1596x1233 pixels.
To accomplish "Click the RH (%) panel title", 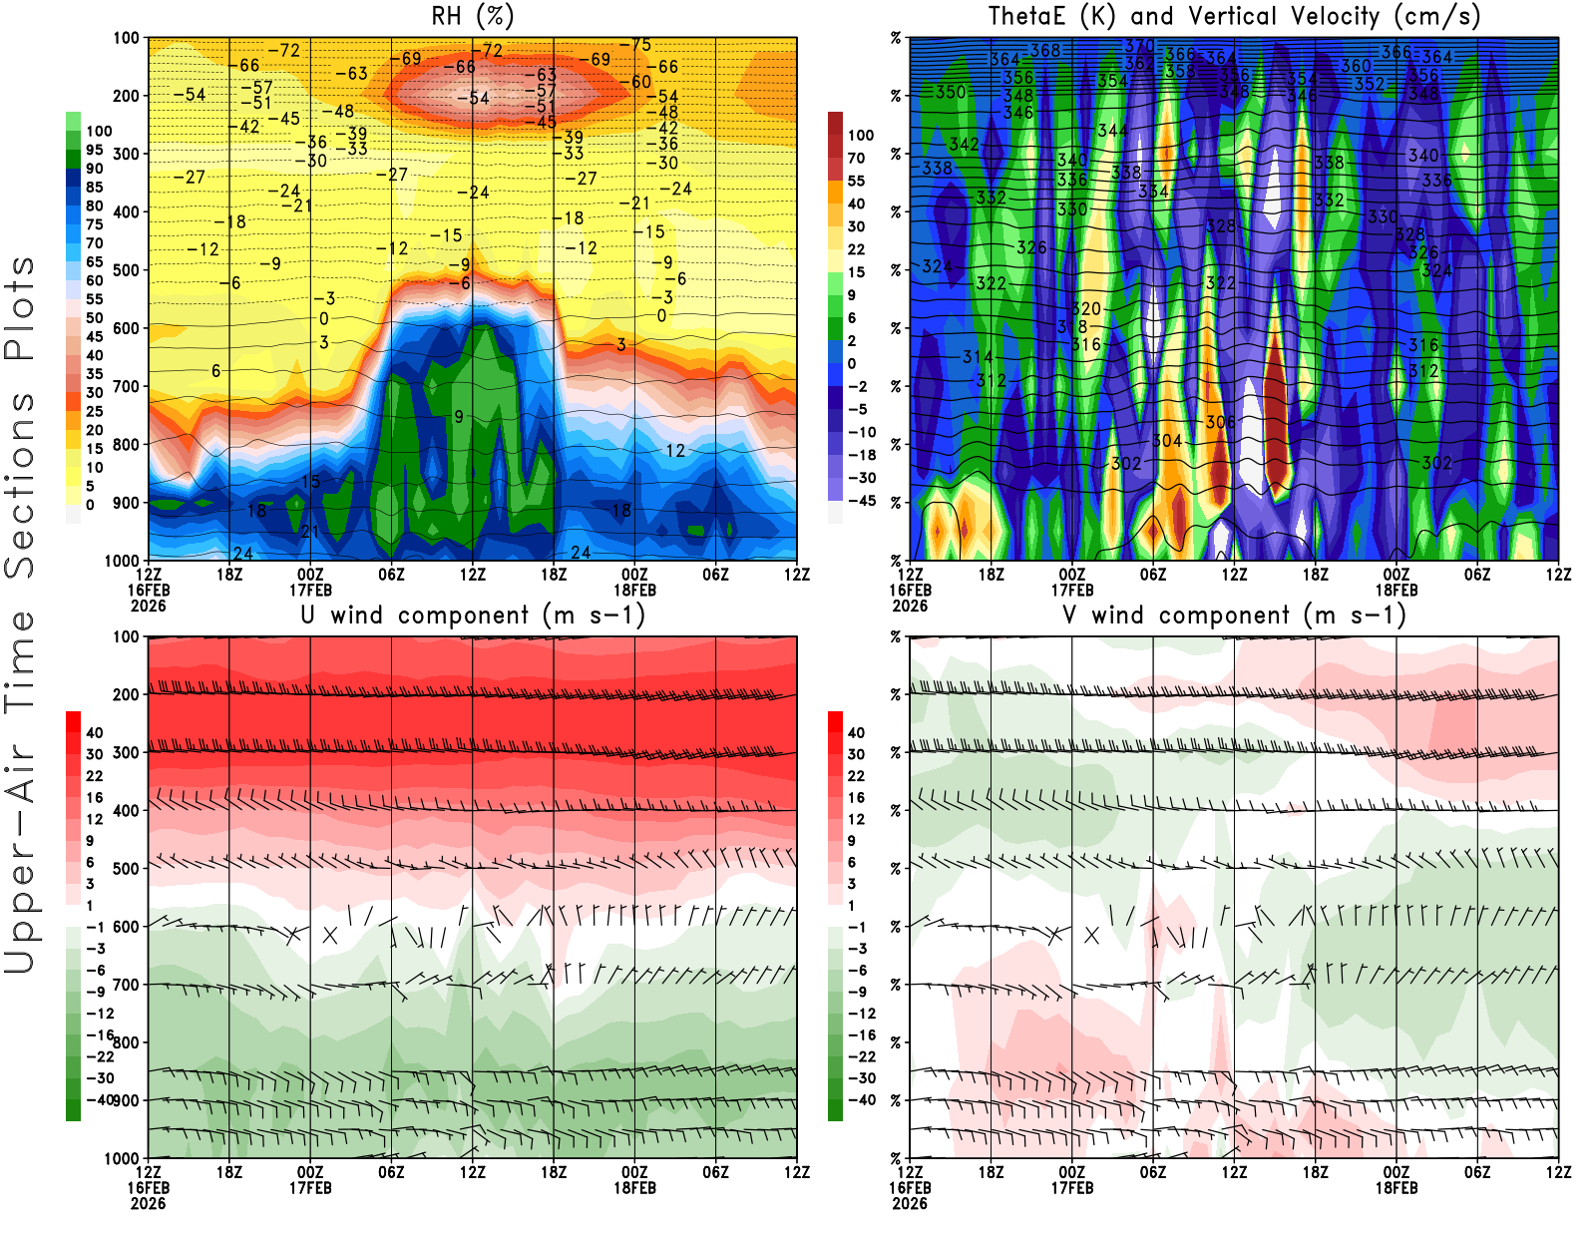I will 473,16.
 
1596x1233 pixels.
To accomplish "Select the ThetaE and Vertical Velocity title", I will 1234,16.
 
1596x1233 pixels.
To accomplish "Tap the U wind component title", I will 473,615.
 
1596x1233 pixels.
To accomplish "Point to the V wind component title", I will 1234,615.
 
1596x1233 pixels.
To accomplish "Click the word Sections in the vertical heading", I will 20,484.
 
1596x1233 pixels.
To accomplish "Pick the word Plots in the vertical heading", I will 20,309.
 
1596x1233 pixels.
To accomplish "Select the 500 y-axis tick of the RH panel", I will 127,270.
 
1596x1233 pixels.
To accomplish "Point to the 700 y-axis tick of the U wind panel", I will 127,985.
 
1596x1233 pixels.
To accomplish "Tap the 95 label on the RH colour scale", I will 95,150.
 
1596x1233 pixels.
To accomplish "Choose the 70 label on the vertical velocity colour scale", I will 856,158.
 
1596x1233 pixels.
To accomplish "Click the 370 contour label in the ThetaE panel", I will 1139,46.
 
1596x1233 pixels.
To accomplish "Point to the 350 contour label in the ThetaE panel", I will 951,92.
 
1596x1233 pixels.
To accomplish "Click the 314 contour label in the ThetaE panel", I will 978,356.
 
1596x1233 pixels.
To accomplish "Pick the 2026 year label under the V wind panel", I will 910,1203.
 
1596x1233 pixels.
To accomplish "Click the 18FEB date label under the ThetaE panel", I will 1396,590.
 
